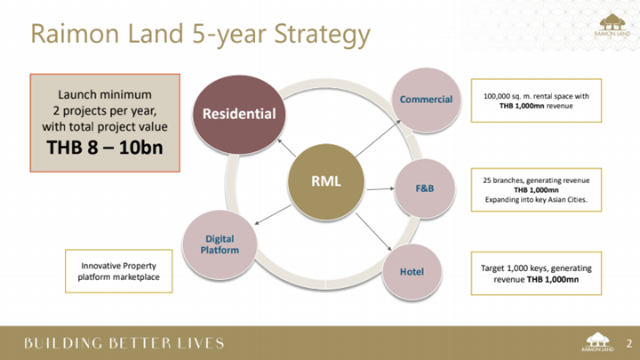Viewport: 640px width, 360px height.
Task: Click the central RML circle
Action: pos(325,181)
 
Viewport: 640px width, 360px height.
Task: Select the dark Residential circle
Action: pos(239,115)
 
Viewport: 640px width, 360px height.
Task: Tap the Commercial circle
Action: pos(426,100)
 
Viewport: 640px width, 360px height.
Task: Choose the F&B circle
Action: pos(425,188)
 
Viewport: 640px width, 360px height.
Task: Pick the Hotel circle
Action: pos(412,271)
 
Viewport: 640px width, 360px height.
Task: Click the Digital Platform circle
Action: pos(220,244)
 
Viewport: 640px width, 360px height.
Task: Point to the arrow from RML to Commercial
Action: pos(378,139)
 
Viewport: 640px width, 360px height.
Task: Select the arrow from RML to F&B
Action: pos(380,189)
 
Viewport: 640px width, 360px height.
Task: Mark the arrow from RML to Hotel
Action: pos(373,231)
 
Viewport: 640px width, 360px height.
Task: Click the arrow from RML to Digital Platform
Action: pos(273,215)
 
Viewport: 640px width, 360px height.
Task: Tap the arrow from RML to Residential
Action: pos(286,148)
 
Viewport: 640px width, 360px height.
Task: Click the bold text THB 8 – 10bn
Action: pos(105,148)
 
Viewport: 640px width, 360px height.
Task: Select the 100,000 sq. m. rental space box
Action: pos(536,100)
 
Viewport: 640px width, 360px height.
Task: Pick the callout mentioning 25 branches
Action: pos(536,190)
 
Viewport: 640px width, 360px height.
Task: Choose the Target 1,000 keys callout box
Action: pos(536,274)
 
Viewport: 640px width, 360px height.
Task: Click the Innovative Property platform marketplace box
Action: pos(119,271)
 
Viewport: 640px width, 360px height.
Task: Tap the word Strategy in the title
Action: pos(322,35)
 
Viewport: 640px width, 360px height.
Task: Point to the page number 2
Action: pos(629,343)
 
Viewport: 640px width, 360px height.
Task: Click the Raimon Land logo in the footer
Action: pos(597,342)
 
